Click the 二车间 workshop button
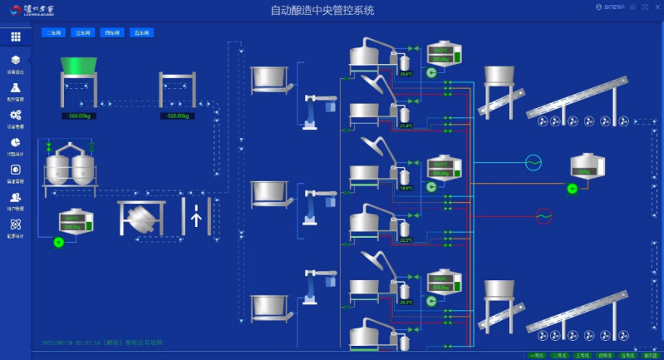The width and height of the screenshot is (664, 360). [54, 33]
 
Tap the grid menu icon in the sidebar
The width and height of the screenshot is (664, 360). [16, 37]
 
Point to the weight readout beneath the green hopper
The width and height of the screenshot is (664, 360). [80, 116]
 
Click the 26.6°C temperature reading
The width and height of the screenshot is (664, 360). [406, 74]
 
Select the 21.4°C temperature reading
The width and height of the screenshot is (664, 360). [406, 126]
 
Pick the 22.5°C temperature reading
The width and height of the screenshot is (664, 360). [406, 239]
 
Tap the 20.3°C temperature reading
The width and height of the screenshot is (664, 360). [406, 302]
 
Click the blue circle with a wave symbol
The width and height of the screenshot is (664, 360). [533, 162]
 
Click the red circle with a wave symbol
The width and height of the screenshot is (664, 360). [543, 215]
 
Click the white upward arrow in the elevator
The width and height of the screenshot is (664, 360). [196, 217]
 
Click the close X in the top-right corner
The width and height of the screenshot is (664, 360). [656, 7]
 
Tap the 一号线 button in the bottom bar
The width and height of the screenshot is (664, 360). [538, 355]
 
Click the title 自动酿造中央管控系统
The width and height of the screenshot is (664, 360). [322, 11]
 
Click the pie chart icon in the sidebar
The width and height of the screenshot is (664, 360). [16, 142]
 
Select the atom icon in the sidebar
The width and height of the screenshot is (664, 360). [16, 224]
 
